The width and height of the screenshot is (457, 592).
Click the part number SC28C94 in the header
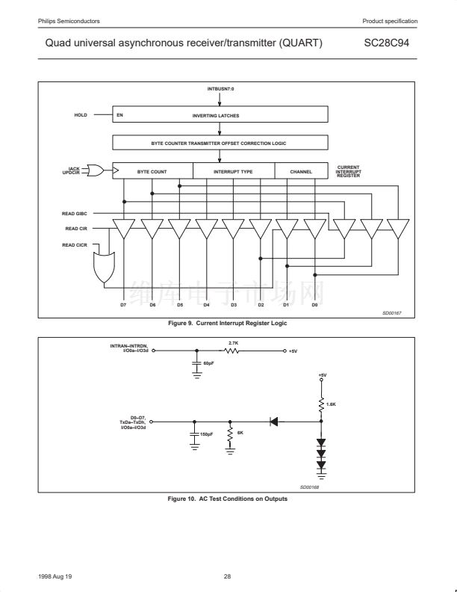(386, 43)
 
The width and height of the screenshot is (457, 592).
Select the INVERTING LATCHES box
(220, 116)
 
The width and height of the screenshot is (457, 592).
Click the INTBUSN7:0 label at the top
(220, 89)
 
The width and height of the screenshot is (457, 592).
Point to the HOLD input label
(81, 115)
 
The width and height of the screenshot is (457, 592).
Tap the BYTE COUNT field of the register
(152, 171)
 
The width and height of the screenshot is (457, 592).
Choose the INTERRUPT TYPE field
(233, 171)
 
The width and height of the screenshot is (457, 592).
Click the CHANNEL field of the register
(301, 171)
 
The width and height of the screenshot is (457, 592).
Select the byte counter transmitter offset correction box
(220, 142)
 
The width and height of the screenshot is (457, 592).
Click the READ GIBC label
(76, 214)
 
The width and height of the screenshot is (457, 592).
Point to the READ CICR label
(76, 244)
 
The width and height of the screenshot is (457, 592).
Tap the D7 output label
(123, 304)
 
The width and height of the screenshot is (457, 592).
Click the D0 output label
(314, 304)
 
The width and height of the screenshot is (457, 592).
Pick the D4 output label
(206, 304)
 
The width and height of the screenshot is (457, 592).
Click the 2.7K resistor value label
(233, 342)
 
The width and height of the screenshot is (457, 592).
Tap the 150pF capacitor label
(207, 433)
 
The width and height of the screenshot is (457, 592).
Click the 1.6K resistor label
(332, 404)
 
